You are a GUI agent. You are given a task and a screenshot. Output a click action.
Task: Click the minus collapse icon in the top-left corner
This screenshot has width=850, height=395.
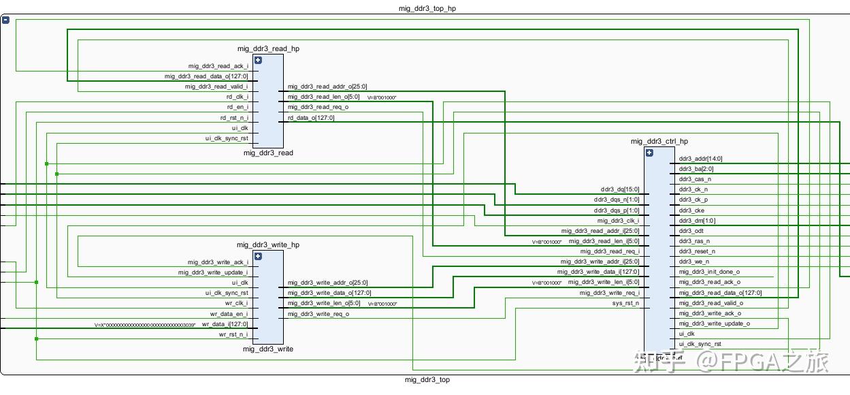5,20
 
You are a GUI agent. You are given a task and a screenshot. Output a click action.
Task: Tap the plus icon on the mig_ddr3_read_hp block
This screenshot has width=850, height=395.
258,60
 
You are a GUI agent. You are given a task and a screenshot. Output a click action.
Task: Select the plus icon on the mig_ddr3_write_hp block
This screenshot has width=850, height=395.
258,256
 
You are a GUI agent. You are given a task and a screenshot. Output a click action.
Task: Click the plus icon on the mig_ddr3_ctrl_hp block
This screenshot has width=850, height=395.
649,153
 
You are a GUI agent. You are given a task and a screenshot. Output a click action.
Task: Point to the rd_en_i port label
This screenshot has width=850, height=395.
238,107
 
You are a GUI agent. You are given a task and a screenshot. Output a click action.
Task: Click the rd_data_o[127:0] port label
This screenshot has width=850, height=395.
311,118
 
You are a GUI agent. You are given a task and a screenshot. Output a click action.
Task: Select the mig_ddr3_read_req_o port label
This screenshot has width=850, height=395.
318,107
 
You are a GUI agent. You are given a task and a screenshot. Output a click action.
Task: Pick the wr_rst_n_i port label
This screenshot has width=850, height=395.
233,334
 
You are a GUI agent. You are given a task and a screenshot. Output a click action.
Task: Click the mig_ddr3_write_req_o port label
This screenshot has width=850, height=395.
318,314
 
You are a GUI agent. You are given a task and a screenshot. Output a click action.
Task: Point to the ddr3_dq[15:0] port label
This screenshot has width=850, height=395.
620,189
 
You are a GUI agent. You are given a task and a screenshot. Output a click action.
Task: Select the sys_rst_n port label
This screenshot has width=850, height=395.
626,303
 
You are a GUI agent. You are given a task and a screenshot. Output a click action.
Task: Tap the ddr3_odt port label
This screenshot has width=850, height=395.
692,231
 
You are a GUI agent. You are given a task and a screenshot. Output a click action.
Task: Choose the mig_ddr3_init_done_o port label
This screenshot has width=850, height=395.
709,272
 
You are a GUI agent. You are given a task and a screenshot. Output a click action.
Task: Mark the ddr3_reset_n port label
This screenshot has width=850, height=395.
698,251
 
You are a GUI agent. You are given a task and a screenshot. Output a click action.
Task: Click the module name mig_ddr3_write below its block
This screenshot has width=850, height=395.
268,349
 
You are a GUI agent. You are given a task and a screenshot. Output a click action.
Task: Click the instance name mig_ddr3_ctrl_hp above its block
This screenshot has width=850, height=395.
659,142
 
